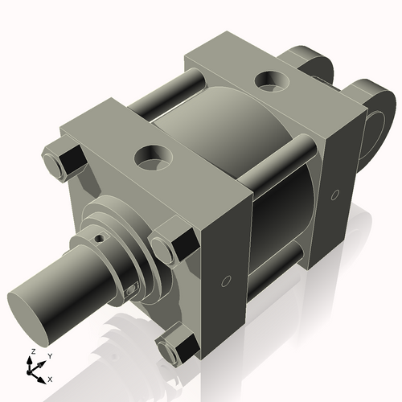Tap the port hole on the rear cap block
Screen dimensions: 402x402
click(x=265, y=80)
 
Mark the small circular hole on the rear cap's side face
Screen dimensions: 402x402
click(x=334, y=194)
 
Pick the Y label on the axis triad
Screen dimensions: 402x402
click(x=49, y=355)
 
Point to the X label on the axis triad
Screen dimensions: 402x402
click(x=51, y=378)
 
